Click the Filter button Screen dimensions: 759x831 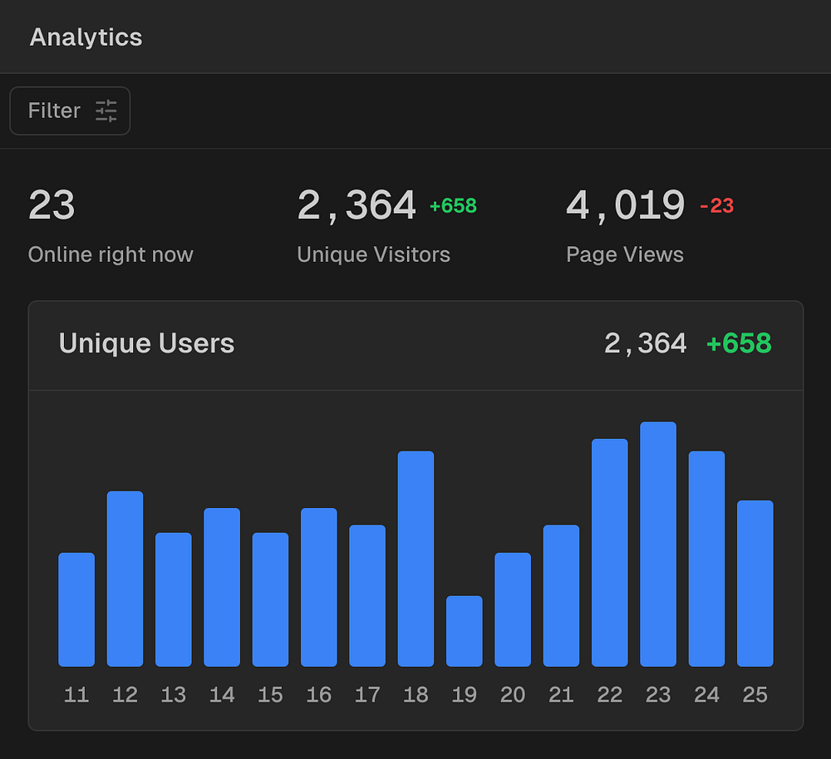[x=70, y=111]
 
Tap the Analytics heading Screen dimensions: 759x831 [x=86, y=37]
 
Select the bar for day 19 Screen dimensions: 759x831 [x=464, y=631]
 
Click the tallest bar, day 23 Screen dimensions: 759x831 [x=658, y=545]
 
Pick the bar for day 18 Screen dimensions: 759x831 [x=415, y=559]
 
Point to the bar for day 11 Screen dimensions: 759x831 [x=76, y=609]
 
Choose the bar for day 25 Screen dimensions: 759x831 [x=755, y=583]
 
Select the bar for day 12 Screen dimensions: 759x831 [x=125, y=579]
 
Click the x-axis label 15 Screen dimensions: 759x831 [x=270, y=695]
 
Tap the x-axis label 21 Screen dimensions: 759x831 [x=561, y=695]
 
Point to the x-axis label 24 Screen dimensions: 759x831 [x=706, y=695]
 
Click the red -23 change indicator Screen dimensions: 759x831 [x=716, y=206]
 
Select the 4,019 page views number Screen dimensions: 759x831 [x=625, y=205]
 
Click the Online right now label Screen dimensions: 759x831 [x=111, y=254]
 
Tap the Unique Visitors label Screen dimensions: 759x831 [x=373, y=254]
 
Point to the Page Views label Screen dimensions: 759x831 [x=625, y=254]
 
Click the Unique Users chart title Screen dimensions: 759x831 [x=146, y=343]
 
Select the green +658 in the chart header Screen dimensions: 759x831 [x=739, y=343]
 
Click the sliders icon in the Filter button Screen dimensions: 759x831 [x=106, y=111]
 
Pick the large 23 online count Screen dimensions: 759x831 [x=52, y=205]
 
